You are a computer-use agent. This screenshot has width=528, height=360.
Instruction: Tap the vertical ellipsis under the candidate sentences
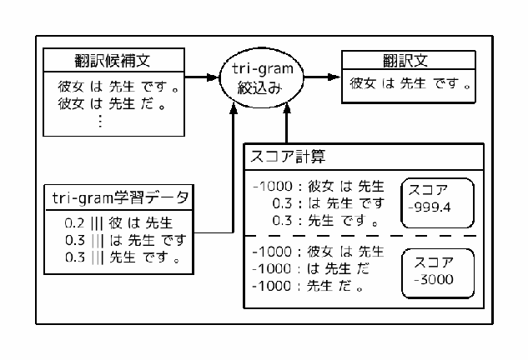click(100, 121)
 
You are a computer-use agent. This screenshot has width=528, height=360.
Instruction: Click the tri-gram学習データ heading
click(118, 197)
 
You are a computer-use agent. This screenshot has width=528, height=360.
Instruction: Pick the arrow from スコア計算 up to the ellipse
click(286, 125)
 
